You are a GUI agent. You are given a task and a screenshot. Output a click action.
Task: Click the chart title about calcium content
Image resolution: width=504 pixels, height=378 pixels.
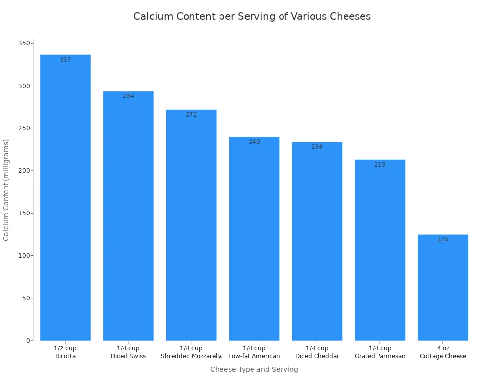(x=252, y=16)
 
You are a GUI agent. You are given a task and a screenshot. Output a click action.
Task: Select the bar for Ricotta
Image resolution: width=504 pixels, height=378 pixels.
(x=65, y=197)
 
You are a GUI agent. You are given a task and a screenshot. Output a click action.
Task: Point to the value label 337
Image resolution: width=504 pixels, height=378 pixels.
(x=65, y=60)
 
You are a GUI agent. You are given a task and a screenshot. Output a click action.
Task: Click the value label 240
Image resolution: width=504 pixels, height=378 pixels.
(x=254, y=142)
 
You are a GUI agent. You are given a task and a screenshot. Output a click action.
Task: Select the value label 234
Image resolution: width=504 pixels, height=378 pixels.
(x=317, y=147)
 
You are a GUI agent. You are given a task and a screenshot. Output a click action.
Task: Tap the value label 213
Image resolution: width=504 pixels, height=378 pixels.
(x=380, y=165)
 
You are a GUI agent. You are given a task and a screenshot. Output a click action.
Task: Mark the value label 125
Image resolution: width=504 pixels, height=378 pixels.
(x=442, y=239)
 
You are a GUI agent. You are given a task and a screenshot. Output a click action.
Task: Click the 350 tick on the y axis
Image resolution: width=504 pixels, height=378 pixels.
(x=23, y=43)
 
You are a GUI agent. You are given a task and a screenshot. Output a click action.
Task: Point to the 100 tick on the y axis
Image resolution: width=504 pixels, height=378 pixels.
(x=23, y=255)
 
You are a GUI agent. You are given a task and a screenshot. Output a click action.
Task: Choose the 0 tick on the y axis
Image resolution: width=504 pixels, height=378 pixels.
(x=27, y=341)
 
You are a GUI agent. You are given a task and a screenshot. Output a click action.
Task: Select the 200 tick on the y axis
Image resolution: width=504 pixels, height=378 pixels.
(x=23, y=171)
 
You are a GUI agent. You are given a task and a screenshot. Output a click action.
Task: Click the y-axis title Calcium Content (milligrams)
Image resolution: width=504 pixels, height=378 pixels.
(x=6, y=189)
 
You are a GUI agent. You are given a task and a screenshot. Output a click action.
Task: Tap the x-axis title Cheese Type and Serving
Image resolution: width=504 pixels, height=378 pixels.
(x=254, y=369)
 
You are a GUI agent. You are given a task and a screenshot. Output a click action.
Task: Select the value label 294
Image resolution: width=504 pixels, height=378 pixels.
(x=128, y=96)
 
